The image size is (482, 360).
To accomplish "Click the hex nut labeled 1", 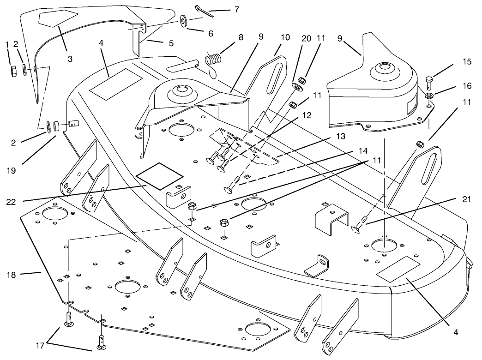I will coord(14,70).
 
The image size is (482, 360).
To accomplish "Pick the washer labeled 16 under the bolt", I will coord(429,96).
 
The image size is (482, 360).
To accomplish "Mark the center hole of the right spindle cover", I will coord(382,67).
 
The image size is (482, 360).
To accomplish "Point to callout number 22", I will coord(12,202).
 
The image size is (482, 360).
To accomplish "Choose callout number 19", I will coord(12,170).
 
